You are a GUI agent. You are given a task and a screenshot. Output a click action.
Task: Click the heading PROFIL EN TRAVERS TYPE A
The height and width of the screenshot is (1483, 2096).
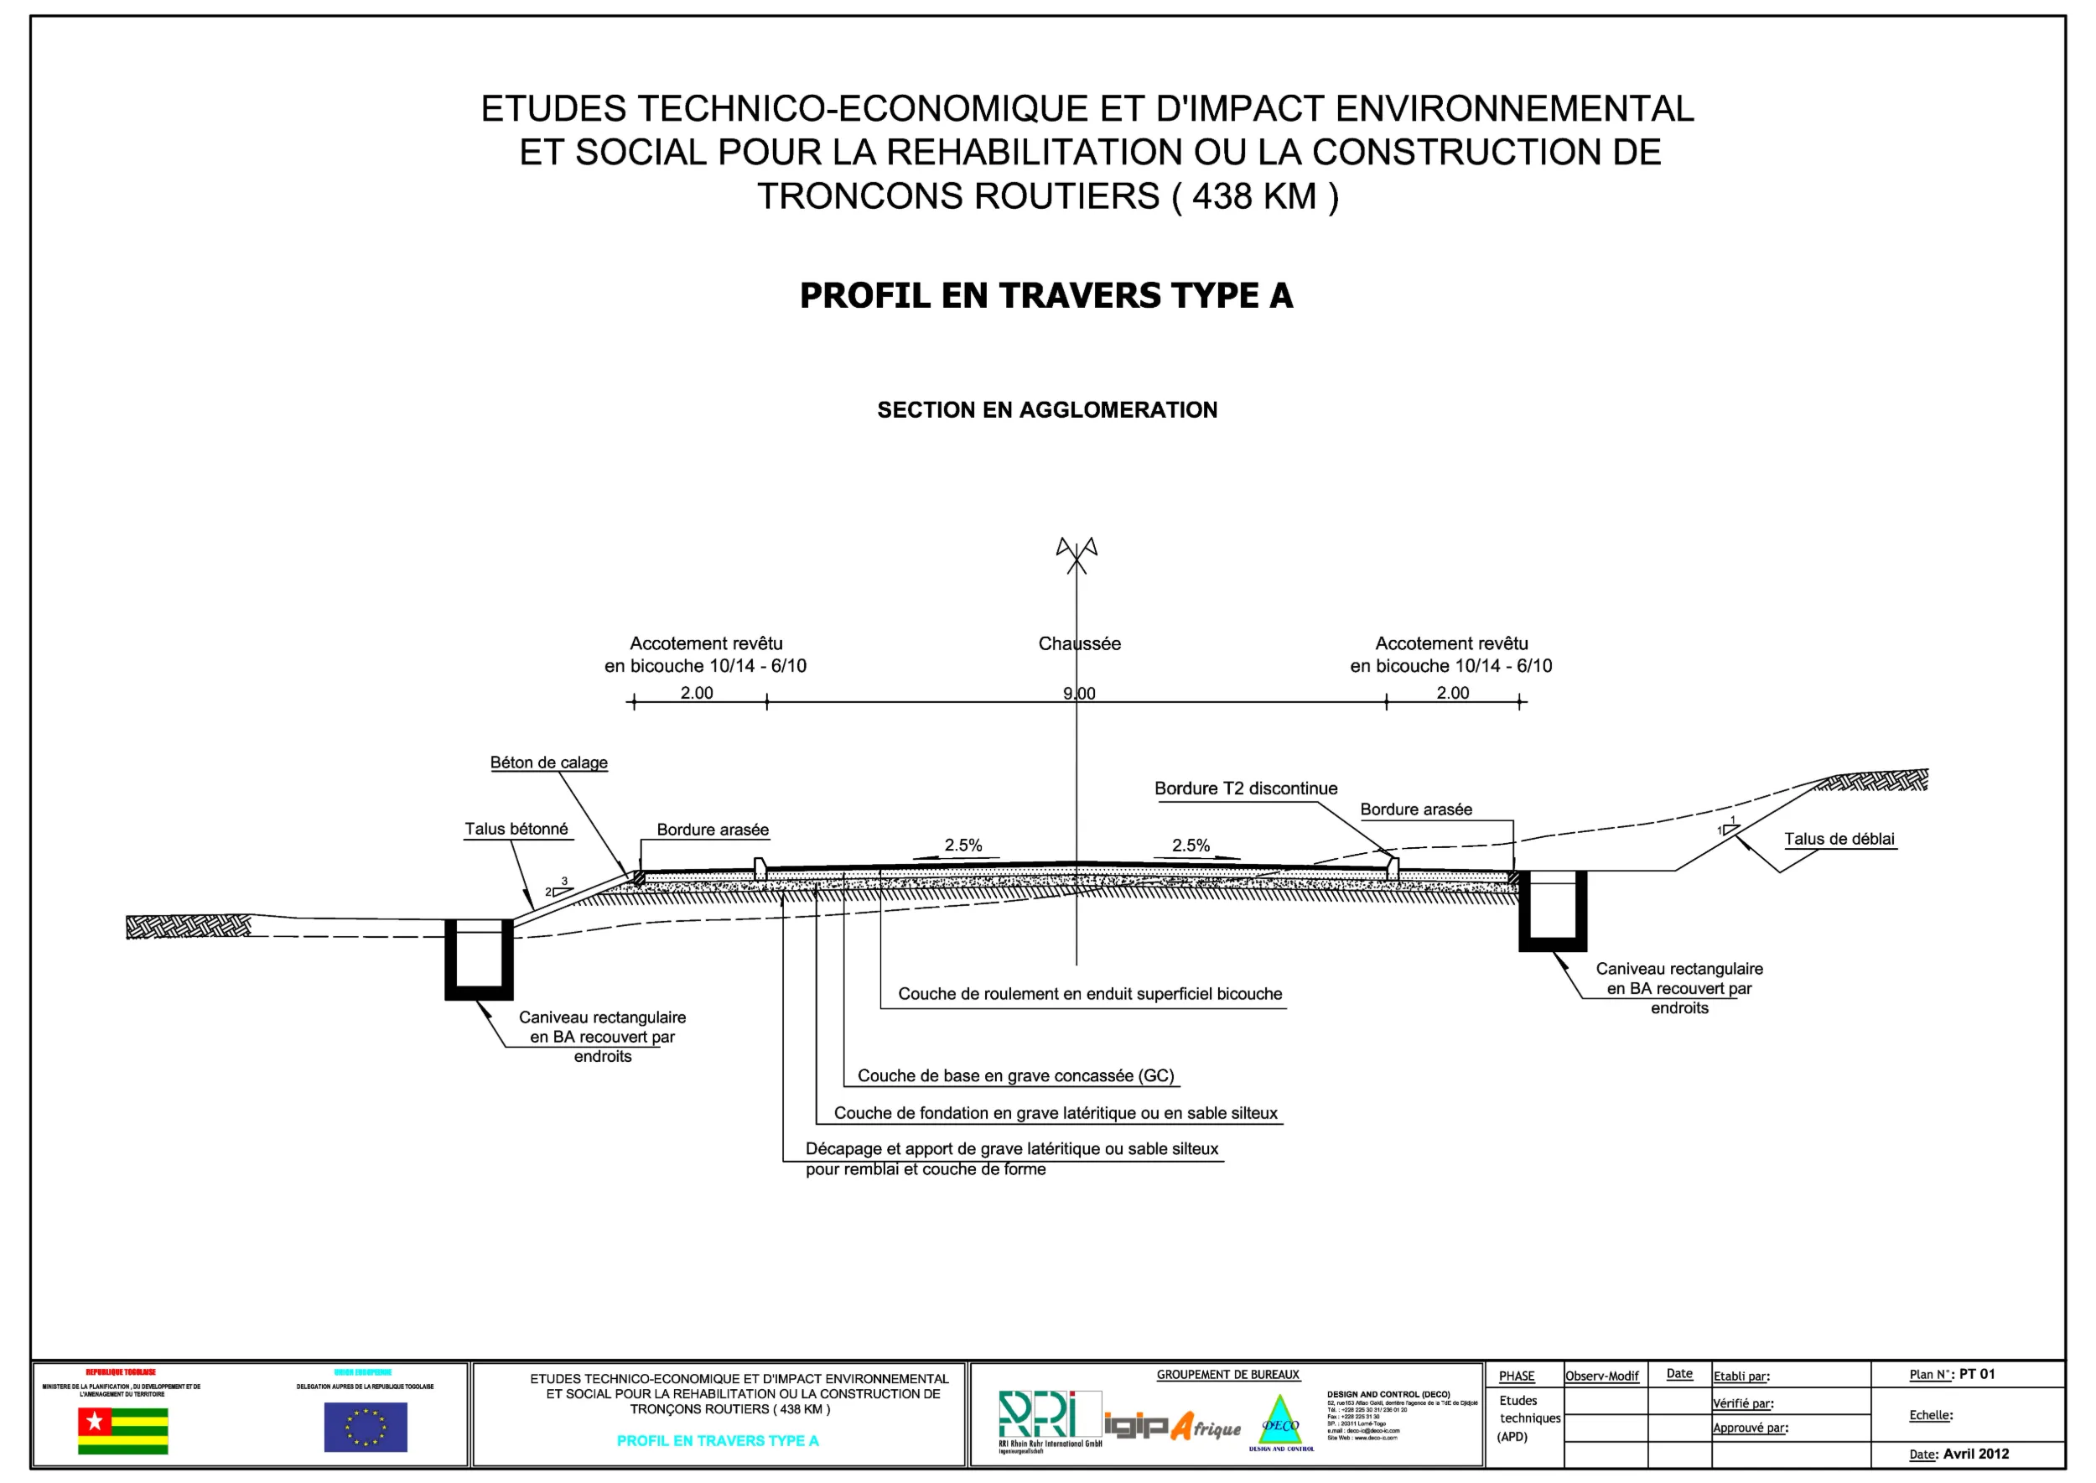[x=1046, y=296]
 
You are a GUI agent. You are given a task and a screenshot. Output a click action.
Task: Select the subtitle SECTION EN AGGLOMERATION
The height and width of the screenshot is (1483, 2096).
[x=1047, y=410]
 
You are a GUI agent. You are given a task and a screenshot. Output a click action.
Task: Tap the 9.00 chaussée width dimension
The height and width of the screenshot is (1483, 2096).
[x=1079, y=693]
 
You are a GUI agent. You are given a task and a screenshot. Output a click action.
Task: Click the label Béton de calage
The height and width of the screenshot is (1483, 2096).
[x=548, y=762]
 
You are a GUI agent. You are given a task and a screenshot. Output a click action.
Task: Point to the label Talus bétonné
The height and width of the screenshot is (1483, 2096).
[x=516, y=830]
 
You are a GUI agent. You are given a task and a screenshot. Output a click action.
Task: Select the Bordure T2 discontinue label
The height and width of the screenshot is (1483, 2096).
[x=1245, y=788]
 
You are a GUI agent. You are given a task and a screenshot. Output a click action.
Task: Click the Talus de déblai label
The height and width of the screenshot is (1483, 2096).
[x=1839, y=839]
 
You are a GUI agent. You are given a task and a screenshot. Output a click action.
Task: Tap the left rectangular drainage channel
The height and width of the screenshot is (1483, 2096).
[x=479, y=960]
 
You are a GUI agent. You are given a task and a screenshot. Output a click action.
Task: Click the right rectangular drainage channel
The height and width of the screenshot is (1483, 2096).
[x=1552, y=911]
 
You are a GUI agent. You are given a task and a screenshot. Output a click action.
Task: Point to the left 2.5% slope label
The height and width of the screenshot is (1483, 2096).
[x=963, y=846]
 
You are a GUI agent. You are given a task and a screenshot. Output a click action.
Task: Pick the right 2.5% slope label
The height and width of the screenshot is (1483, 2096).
[x=1191, y=846]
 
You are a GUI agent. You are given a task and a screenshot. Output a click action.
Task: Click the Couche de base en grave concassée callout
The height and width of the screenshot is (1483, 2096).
[x=1015, y=1075]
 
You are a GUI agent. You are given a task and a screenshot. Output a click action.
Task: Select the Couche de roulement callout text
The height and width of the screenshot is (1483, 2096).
[x=1090, y=993]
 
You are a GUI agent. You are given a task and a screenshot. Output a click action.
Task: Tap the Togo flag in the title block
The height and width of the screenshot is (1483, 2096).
[x=123, y=1430]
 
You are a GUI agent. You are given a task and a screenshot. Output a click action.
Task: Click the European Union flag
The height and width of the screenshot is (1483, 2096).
[x=366, y=1428]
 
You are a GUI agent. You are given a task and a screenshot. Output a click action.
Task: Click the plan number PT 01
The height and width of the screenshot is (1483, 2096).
[x=1976, y=1374]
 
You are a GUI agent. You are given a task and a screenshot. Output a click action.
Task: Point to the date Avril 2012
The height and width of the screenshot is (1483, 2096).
[x=1975, y=1454]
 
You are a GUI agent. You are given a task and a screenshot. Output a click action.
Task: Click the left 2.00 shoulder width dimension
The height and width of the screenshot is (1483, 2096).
[x=697, y=693]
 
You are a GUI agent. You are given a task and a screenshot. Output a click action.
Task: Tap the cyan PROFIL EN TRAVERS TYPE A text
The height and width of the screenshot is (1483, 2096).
[x=718, y=1441]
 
